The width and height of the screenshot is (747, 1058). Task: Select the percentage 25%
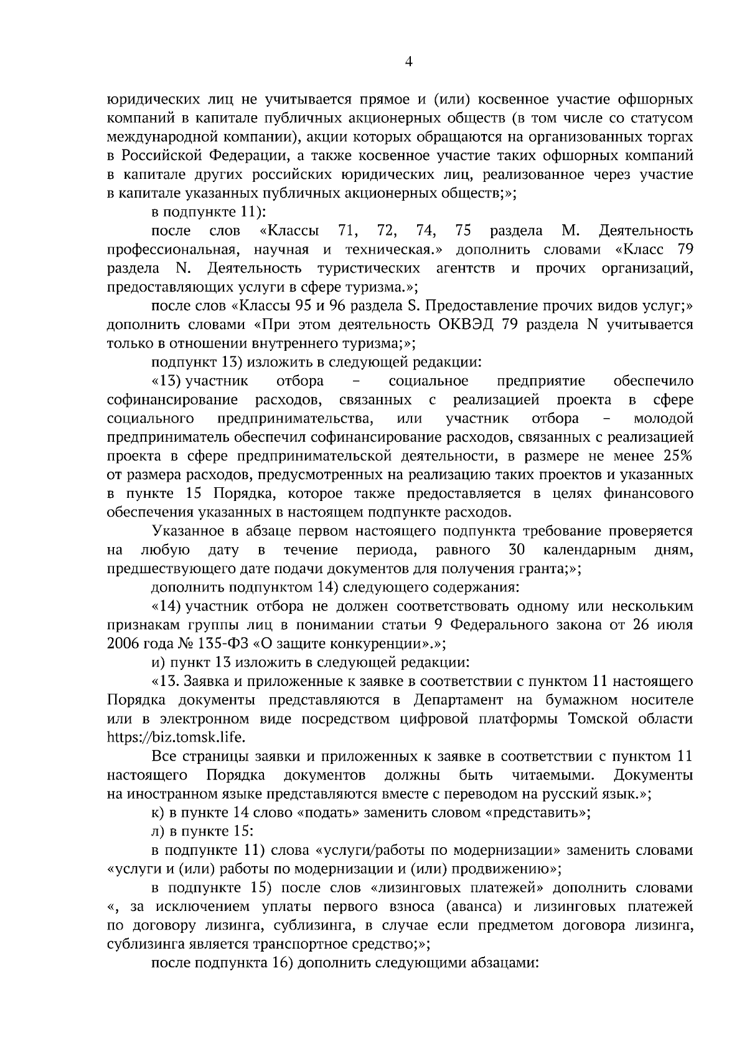677,456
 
